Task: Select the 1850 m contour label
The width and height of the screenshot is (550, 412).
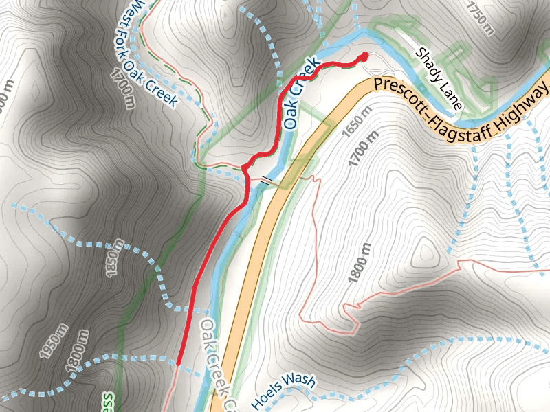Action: pyautogui.click(x=114, y=259)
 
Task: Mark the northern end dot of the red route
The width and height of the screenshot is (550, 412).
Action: pyautogui.click(x=364, y=56)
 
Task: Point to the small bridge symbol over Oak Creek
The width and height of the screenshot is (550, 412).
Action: pyautogui.click(x=265, y=181)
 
